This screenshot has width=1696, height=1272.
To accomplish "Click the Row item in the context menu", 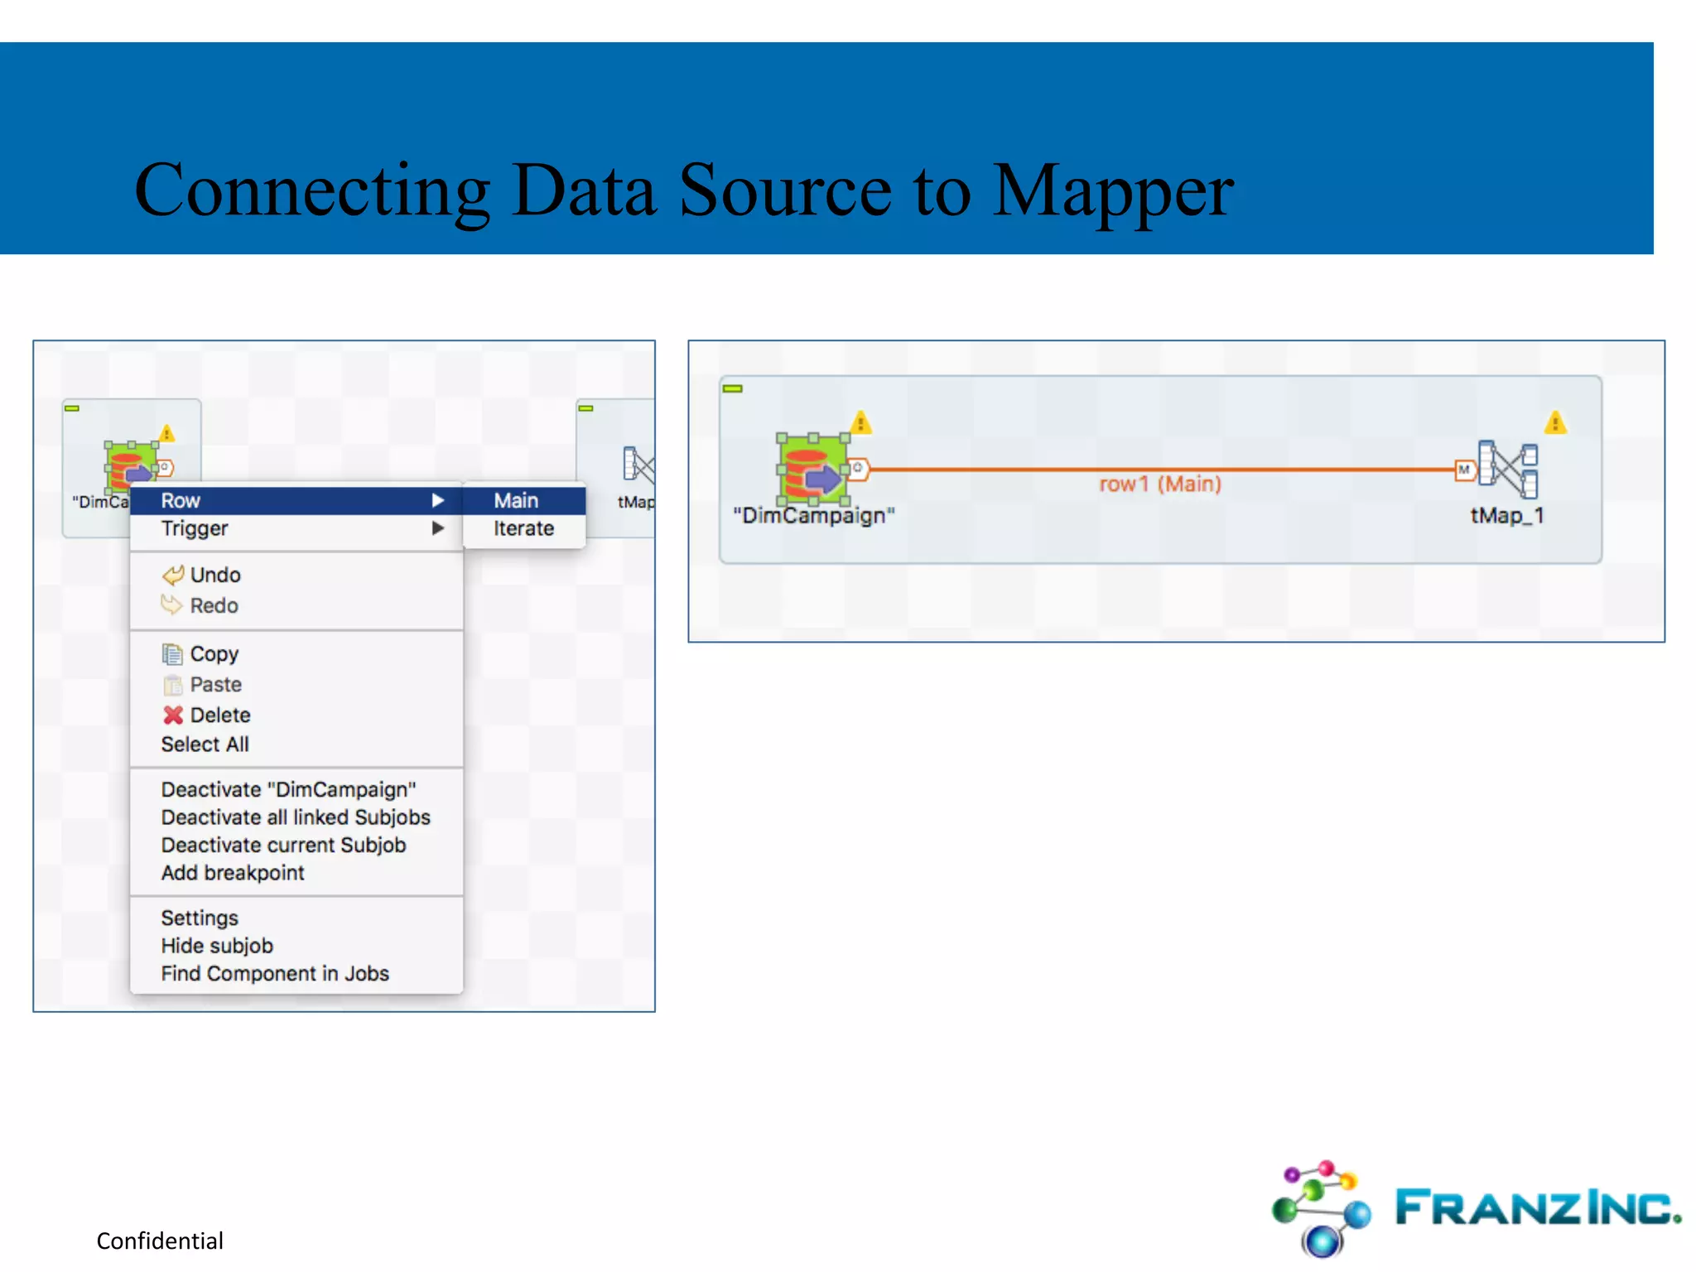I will (x=181, y=500).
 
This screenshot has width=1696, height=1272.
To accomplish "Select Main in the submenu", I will (x=516, y=500).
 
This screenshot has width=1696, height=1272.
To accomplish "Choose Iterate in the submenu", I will (x=523, y=528).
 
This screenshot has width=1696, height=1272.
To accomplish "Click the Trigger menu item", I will (x=195, y=528).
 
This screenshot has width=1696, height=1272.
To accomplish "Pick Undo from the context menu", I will (x=214, y=575).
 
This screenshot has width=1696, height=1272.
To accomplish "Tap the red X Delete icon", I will (x=173, y=715).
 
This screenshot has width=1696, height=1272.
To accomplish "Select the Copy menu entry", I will (x=214, y=653).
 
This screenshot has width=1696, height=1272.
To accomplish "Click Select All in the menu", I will (x=205, y=744).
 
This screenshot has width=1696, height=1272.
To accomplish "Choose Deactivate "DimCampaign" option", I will (x=288, y=789).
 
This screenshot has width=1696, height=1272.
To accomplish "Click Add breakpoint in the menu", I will (x=233, y=873).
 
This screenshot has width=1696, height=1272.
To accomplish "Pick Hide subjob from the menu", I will (x=217, y=946).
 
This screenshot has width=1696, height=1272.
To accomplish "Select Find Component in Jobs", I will (x=275, y=974).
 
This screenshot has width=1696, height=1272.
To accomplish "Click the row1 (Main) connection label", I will (x=1159, y=484).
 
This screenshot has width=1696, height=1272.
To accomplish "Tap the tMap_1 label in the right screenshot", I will (x=1506, y=516).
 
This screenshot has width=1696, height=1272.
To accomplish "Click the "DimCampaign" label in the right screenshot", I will (x=813, y=516).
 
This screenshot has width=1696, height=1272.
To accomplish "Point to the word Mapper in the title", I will (x=1112, y=192).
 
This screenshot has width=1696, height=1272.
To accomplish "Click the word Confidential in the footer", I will (x=160, y=1241).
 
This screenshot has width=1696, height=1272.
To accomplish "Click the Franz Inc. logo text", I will (x=1537, y=1207).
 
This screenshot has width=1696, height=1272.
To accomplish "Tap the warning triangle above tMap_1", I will (x=1555, y=423).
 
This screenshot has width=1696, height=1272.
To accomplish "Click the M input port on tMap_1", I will (x=1464, y=470).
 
